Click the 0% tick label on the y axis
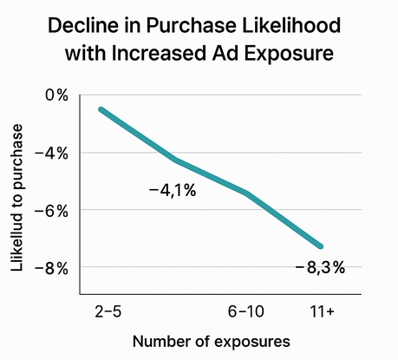pyautogui.click(x=56, y=95)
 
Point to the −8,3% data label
pyautogui.click(x=320, y=267)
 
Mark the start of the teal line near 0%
pyautogui.click(x=102, y=110)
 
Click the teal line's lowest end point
pyautogui.click(x=321, y=246)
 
